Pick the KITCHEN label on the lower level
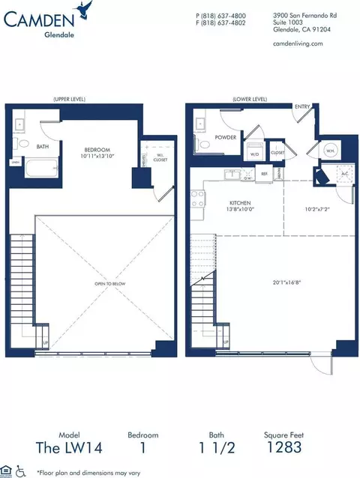(241, 202)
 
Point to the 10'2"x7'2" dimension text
(314, 211)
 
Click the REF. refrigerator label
(264, 174)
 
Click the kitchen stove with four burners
(199, 199)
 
